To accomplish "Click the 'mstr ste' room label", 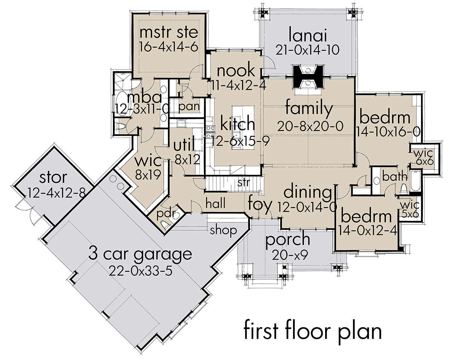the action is click(169, 33).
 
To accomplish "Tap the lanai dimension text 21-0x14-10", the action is click(308, 50).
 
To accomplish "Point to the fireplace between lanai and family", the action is click(308, 77).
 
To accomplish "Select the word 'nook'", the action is click(236, 71).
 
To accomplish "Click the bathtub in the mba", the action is click(121, 103).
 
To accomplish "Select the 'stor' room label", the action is click(53, 178).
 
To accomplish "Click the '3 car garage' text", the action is click(140, 255).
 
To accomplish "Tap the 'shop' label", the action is click(223, 231).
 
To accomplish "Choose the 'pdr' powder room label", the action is click(166, 214).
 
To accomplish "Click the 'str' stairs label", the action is click(244, 182).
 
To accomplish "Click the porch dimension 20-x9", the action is click(290, 255).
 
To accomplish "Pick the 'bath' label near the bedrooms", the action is click(395, 177).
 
